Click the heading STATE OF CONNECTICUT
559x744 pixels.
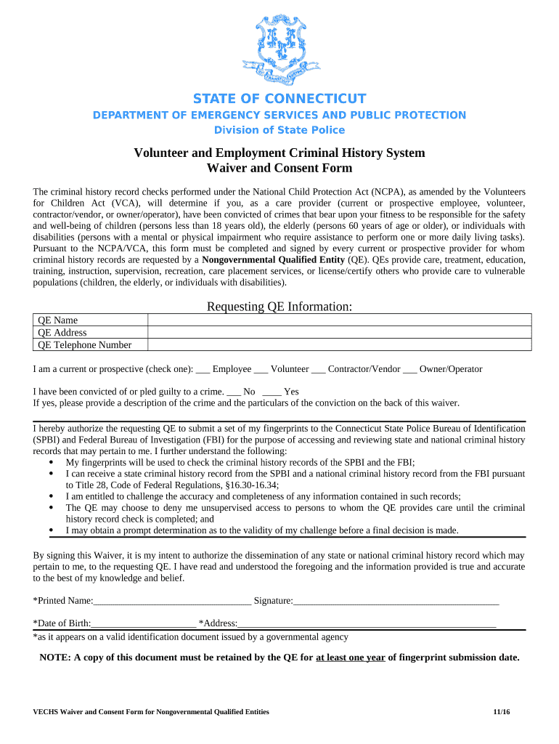click(279, 99)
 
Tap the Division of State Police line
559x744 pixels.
click(279, 130)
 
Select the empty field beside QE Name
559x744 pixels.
click(340, 320)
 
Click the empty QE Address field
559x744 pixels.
click(340, 333)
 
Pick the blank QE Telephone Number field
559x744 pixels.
click(340, 345)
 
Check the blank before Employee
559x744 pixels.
click(203, 370)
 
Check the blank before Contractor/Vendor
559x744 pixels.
click(319, 370)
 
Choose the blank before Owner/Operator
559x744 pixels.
click(409, 370)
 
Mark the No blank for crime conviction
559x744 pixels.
click(234, 392)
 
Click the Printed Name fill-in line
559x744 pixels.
click(172, 602)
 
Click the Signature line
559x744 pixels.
click(396, 602)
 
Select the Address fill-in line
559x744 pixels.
click(367, 624)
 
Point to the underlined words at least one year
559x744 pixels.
click(350, 658)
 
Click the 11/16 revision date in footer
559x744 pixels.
click(501, 712)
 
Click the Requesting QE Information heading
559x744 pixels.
click(279, 307)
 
